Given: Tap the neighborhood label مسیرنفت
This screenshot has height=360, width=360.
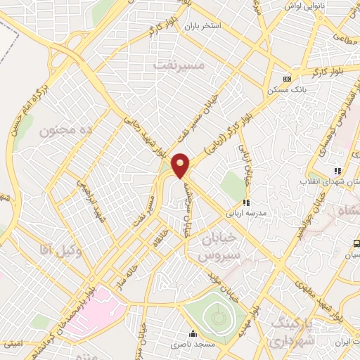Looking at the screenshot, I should point(180,65).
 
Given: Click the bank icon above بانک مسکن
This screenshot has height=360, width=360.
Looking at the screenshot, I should point(287,79).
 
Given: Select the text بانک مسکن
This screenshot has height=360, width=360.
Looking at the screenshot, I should point(284,90).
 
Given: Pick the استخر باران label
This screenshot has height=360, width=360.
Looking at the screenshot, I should point(203,26).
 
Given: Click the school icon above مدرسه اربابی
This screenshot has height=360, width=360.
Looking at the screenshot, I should point(246,202).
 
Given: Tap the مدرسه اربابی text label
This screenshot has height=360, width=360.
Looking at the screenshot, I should point(243,212).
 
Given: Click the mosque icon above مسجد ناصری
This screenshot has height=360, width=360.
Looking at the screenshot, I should point(193,333).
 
